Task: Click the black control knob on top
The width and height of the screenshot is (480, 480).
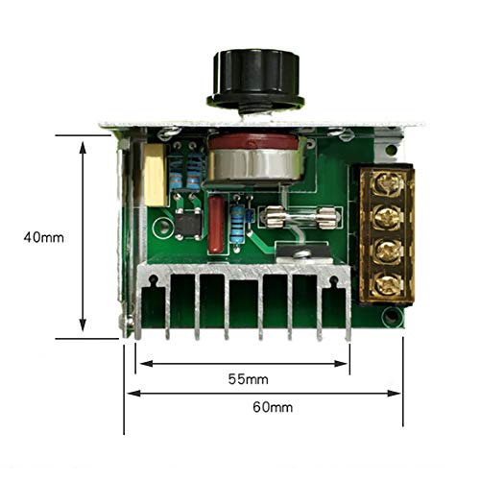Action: click(255, 80)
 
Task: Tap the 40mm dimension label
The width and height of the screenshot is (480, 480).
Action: click(44, 237)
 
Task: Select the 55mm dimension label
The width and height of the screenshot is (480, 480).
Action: click(249, 379)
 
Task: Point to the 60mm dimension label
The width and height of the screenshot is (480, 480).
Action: click(273, 407)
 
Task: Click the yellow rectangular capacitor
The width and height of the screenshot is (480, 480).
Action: click(156, 175)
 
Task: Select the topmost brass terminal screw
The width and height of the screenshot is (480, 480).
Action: click(387, 183)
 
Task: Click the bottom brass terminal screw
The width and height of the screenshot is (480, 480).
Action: click(387, 283)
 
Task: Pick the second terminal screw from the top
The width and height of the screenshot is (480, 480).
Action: click(387, 217)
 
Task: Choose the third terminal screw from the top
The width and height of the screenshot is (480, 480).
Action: click(387, 251)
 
